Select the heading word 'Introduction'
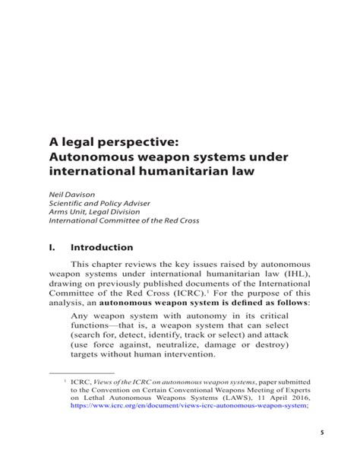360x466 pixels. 101,247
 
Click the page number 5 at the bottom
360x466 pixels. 322,453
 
